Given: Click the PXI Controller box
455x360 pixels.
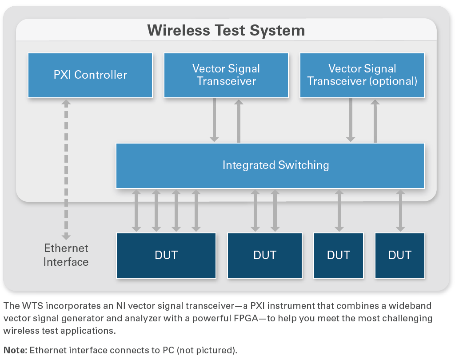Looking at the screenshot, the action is pyautogui.click(x=90, y=75).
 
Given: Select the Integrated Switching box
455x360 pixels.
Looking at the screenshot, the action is pyautogui.click(x=270, y=166).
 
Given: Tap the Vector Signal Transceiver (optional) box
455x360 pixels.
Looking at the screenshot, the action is pyautogui.click(x=362, y=75).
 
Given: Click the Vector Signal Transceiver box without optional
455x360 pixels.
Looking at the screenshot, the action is pyautogui.click(x=226, y=75).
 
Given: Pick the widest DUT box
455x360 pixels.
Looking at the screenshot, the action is pyautogui.click(x=166, y=256).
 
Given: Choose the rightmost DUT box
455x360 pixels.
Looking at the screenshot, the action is pyautogui.click(x=400, y=256).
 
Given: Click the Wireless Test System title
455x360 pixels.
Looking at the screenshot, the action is pyautogui.click(x=226, y=30).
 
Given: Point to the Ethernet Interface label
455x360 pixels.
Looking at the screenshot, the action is pyautogui.click(x=66, y=255).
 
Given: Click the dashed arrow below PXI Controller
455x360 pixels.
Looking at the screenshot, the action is pyautogui.click(x=66, y=170).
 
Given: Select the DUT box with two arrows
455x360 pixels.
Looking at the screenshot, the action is pyautogui.click(x=265, y=256).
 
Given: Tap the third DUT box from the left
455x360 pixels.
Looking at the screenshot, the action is pyautogui.click(x=339, y=256).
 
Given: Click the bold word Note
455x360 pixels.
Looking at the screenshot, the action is pyautogui.click(x=15, y=350).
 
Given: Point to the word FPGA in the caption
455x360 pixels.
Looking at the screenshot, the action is pyautogui.click(x=246, y=318).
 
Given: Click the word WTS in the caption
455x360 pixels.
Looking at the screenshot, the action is pyautogui.click(x=32, y=306).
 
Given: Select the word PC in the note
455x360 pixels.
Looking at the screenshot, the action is pyautogui.click(x=168, y=350).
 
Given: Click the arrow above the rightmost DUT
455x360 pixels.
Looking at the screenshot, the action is pyautogui.click(x=400, y=211).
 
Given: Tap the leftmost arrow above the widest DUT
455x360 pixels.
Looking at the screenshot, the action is pyautogui.click(x=136, y=211).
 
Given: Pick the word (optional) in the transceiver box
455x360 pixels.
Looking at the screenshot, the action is pyautogui.click(x=393, y=81).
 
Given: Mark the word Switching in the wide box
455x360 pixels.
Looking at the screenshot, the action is pyautogui.click(x=303, y=165).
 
